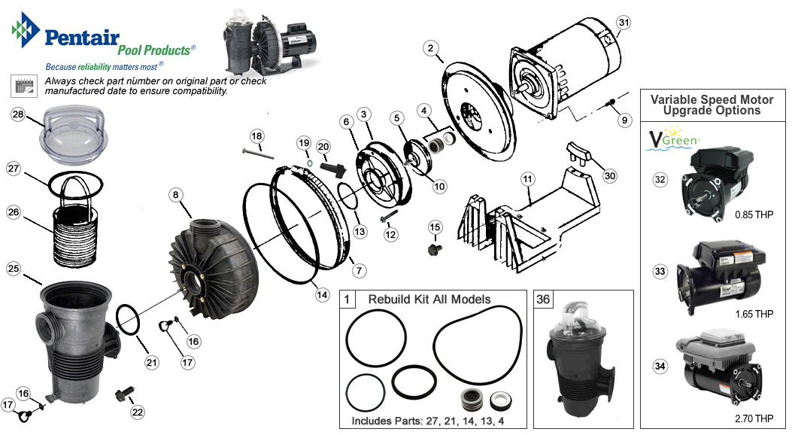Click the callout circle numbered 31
click(x=623, y=23)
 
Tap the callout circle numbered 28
click(x=19, y=114)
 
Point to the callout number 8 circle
click(x=175, y=194)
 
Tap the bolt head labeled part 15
click(x=434, y=248)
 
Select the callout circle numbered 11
click(x=527, y=179)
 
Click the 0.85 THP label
click(x=752, y=214)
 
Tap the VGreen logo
click(x=672, y=141)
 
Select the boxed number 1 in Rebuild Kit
click(x=347, y=299)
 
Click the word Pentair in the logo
click(x=79, y=35)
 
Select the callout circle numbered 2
click(x=430, y=49)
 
